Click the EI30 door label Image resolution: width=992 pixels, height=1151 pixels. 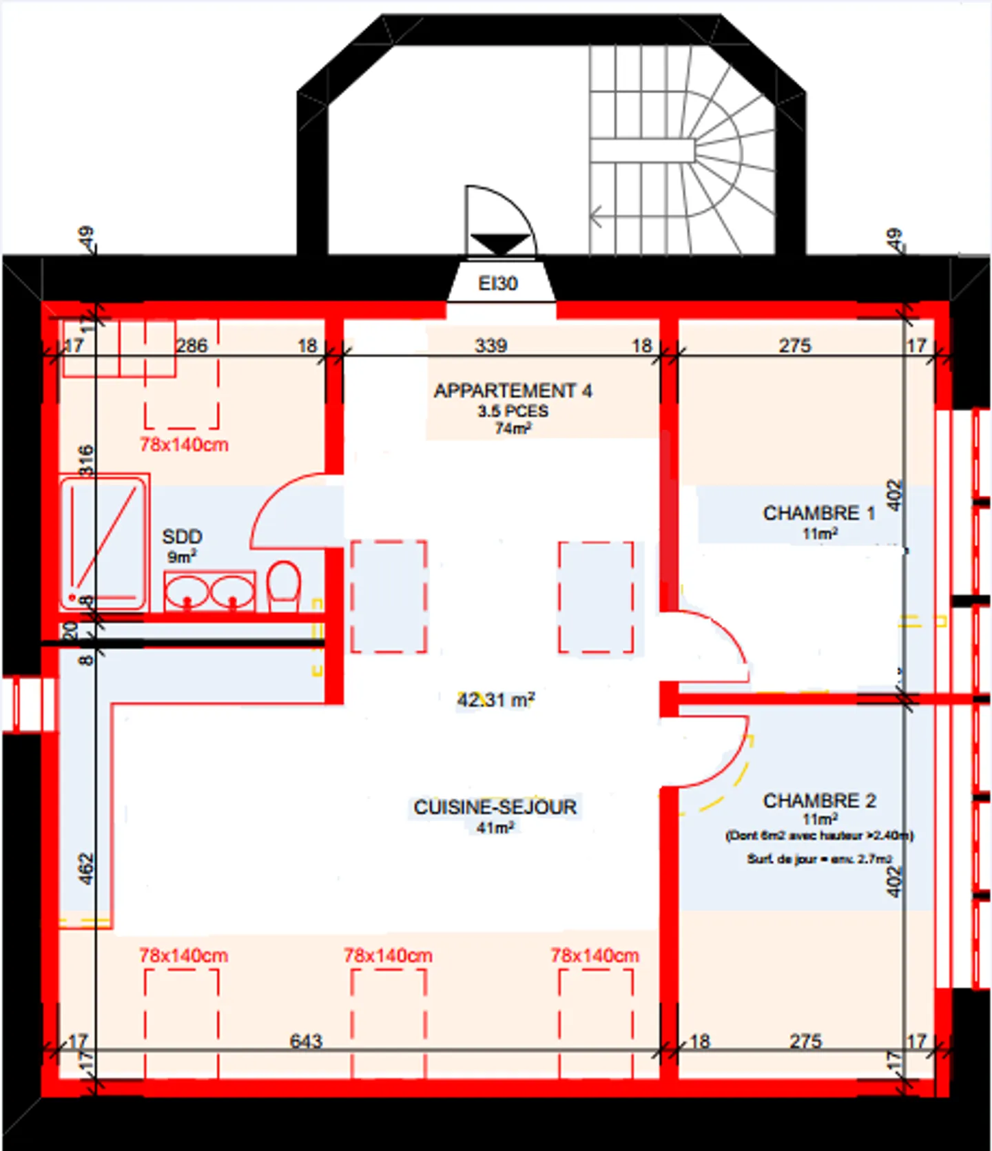coord(497,283)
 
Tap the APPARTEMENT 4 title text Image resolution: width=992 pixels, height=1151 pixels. coord(513,391)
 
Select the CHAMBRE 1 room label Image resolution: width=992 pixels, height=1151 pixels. coord(818,513)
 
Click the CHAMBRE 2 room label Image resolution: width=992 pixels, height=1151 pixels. coord(818,800)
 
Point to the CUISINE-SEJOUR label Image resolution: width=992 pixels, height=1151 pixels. coord(495,807)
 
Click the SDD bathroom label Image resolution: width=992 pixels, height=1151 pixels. coord(182,537)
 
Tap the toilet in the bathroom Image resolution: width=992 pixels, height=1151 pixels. coord(283,585)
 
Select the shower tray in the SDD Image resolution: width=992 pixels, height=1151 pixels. coord(103,542)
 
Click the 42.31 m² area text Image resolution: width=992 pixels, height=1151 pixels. coord(495,700)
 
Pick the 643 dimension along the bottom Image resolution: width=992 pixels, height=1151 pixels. coord(306,1041)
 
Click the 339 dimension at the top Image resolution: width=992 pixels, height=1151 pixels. coord(491,345)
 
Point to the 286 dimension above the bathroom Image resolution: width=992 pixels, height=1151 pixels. coord(192,345)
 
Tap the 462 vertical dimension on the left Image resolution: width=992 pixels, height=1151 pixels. coord(85,869)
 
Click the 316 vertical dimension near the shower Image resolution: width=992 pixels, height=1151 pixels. coord(85,460)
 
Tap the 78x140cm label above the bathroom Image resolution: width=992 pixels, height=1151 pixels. coord(184,444)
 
